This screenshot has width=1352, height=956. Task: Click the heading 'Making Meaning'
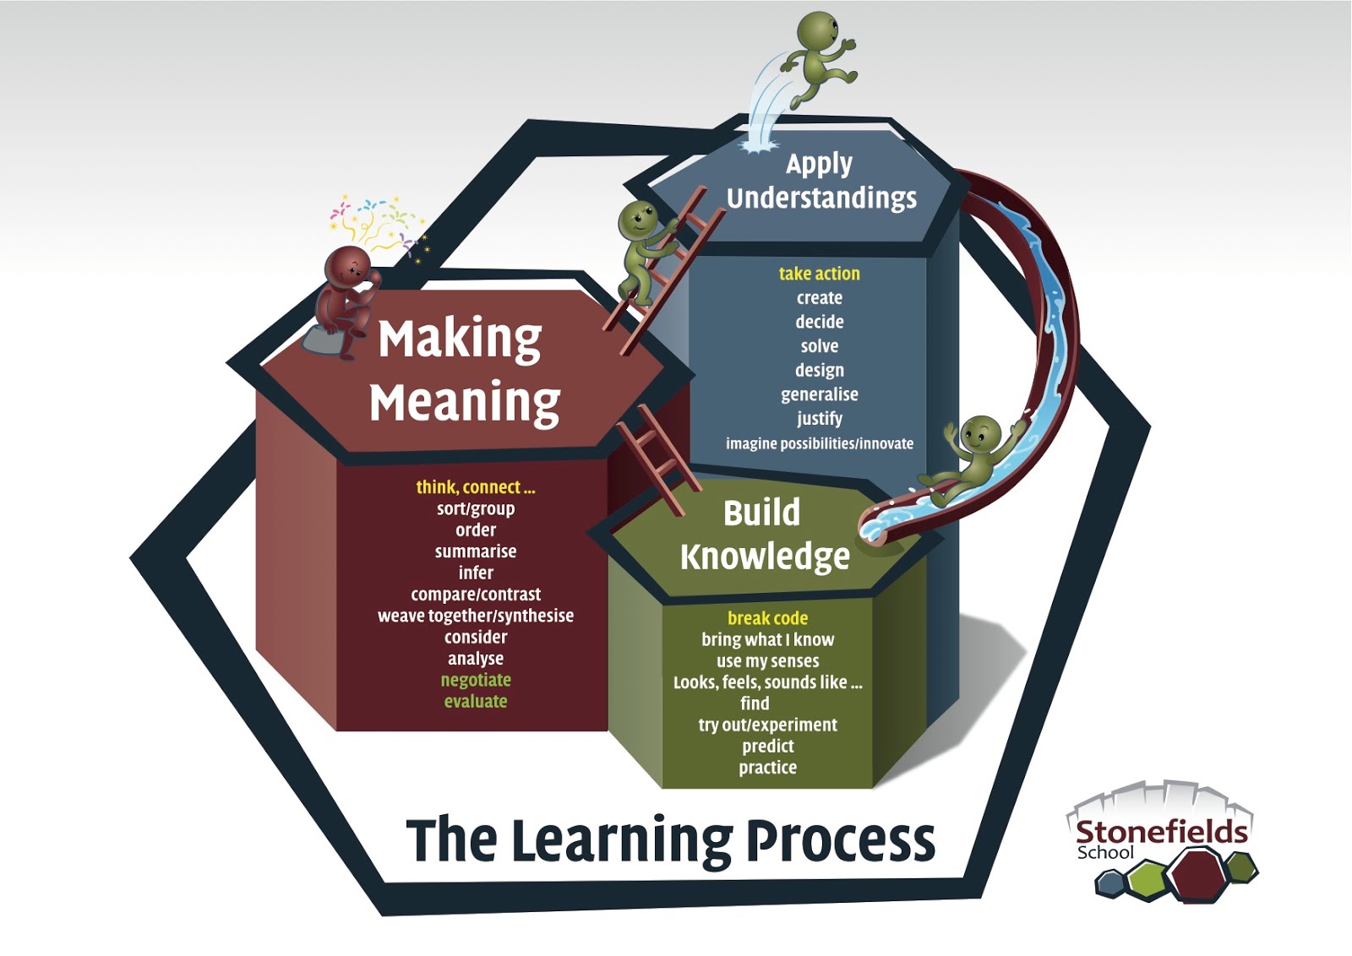coord(463,370)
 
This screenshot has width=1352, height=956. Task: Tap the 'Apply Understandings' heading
coord(820,181)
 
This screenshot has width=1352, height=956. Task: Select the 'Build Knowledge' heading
coord(764,535)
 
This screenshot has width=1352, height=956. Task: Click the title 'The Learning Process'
coord(670,840)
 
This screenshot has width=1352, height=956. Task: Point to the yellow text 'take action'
coord(819,274)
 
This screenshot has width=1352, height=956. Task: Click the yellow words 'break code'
coord(767,618)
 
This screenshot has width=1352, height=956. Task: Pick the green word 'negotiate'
coord(476,680)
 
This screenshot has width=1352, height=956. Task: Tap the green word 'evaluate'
coord(476,701)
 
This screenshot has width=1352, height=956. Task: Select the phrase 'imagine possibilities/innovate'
coord(819,443)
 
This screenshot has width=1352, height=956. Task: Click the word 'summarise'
coord(476,551)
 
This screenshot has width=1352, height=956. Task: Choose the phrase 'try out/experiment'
coord(767,725)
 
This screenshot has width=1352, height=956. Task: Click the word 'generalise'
coord(819,394)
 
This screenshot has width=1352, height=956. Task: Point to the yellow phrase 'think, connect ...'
coord(476,487)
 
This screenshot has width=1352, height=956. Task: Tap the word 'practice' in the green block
coord(767,768)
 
